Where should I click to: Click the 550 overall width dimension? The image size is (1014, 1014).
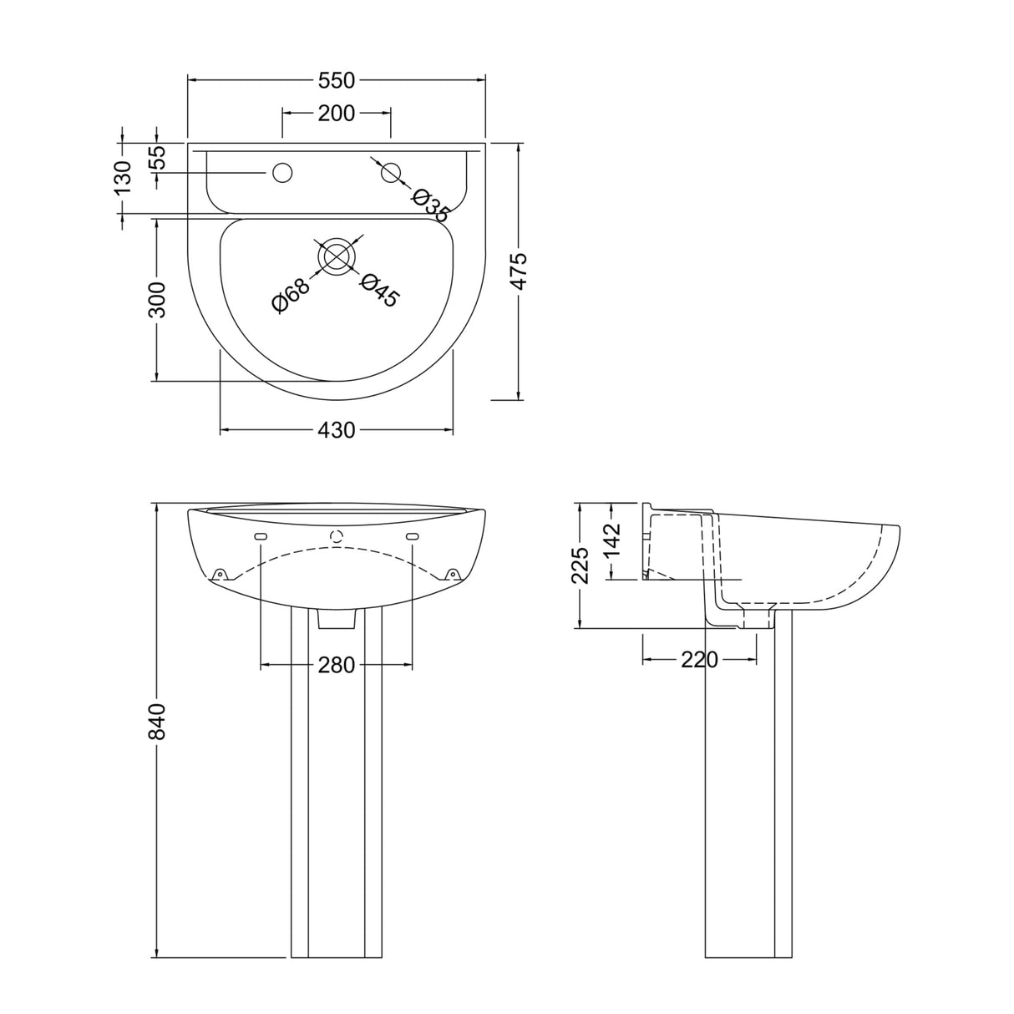pyautogui.click(x=337, y=80)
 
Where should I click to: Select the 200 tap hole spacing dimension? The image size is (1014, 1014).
pyautogui.click(x=337, y=113)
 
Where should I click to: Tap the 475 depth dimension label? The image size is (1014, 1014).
pyautogui.click(x=519, y=271)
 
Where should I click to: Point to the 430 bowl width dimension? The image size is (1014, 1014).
pyautogui.click(x=337, y=431)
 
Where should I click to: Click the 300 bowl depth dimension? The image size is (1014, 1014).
pyautogui.click(x=157, y=299)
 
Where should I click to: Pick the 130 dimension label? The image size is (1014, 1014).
pyautogui.click(x=124, y=178)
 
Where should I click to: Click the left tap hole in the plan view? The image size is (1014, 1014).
pyautogui.click(x=282, y=173)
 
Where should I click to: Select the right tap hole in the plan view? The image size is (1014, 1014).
pyautogui.click(x=390, y=173)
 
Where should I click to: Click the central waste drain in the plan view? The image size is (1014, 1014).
pyautogui.click(x=337, y=256)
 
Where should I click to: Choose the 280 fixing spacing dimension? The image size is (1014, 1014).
pyautogui.click(x=337, y=665)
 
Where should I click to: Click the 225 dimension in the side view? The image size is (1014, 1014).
pyautogui.click(x=581, y=565)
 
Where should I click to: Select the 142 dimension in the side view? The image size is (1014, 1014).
pyautogui.click(x=612, y=540)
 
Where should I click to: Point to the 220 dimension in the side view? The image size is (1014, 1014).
pyautogui.click(x=699, y=660)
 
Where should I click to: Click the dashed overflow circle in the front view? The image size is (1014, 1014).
pyautogui.click(x=337, y=536)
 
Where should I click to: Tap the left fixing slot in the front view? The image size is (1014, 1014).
pyautogui.click(x=261, y=536)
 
